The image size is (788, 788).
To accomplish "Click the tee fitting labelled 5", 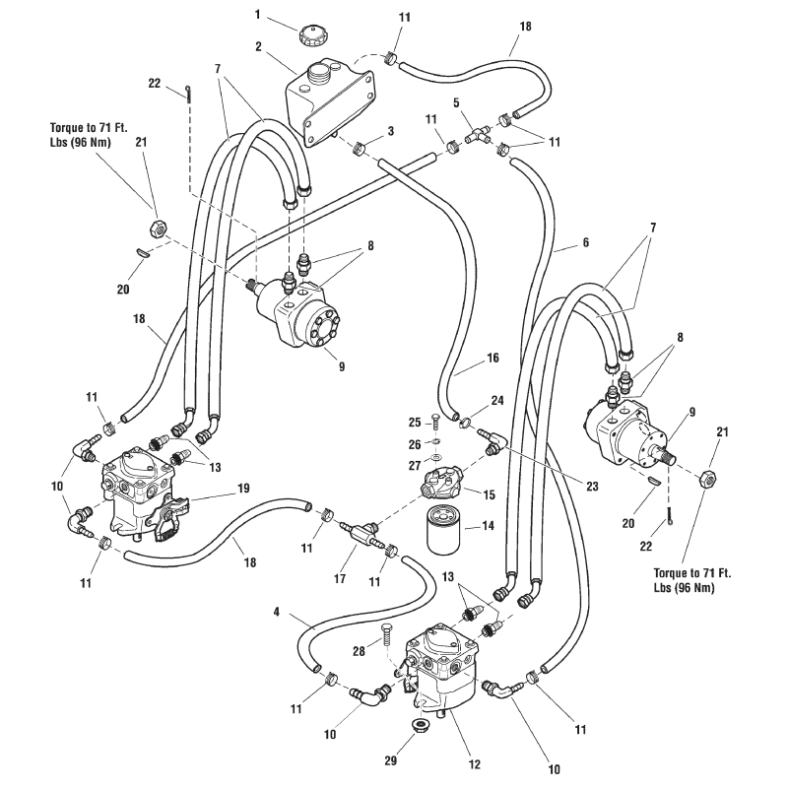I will pos(481,135).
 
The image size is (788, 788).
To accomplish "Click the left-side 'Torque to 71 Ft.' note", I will pos(94,135).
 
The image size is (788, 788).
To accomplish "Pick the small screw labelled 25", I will pos(434,424).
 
